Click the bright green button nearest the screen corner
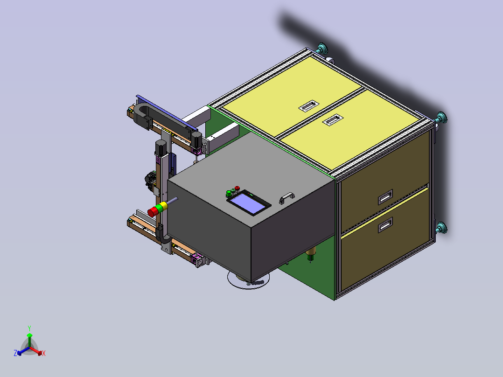coord(229,194)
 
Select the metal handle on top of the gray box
coord(287,198)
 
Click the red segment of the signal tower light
coord(153,211)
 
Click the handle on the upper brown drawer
coord(385,197)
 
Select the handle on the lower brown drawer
coord(385,224)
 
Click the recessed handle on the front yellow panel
coord(333,119)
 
